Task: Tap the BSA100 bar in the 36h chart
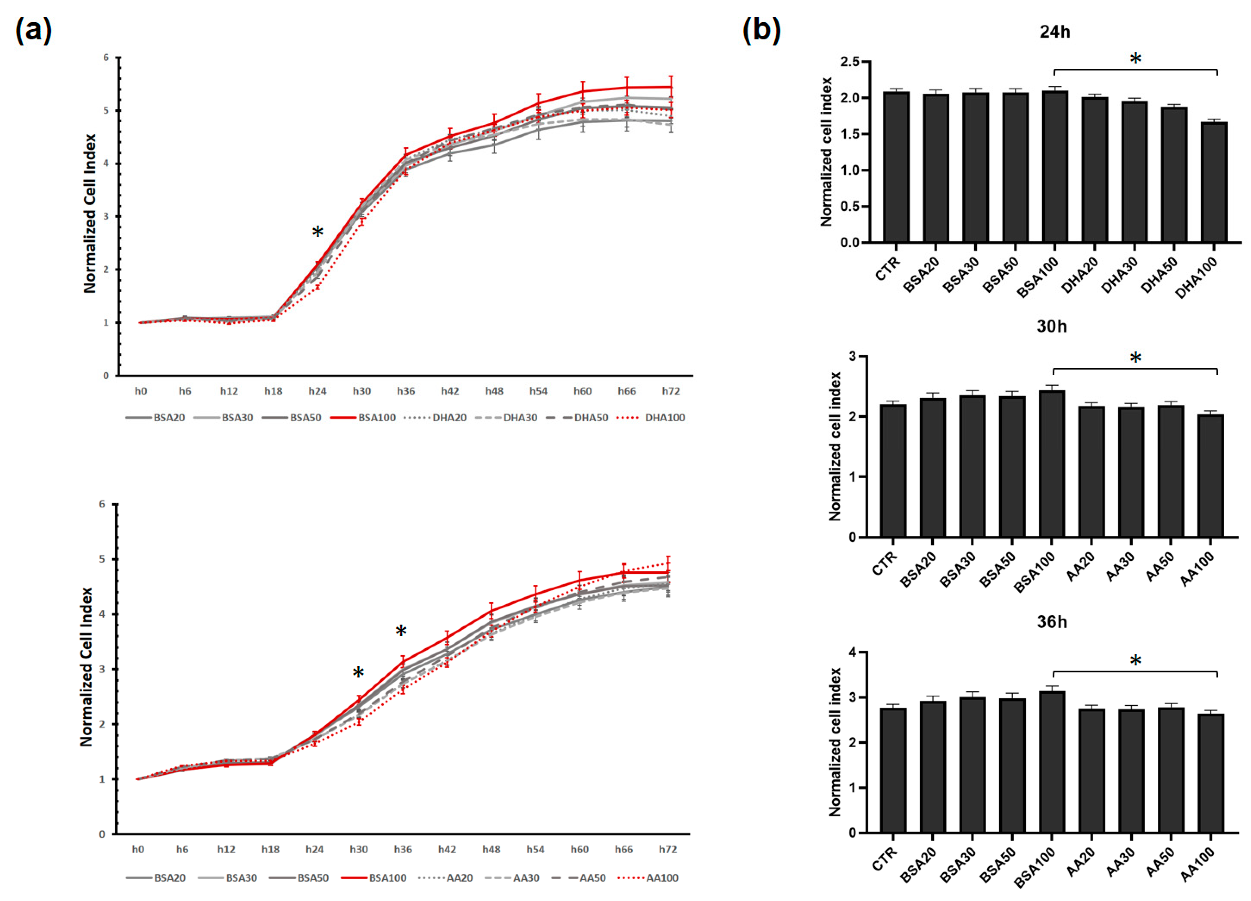click(1052, 762)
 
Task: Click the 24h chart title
click(1055, 32)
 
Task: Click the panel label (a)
click(33, 30)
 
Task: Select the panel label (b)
click(761, 30)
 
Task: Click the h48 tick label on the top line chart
click(494, 391)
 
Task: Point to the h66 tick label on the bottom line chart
click(624, 850)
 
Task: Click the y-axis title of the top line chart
click(90, 213)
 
